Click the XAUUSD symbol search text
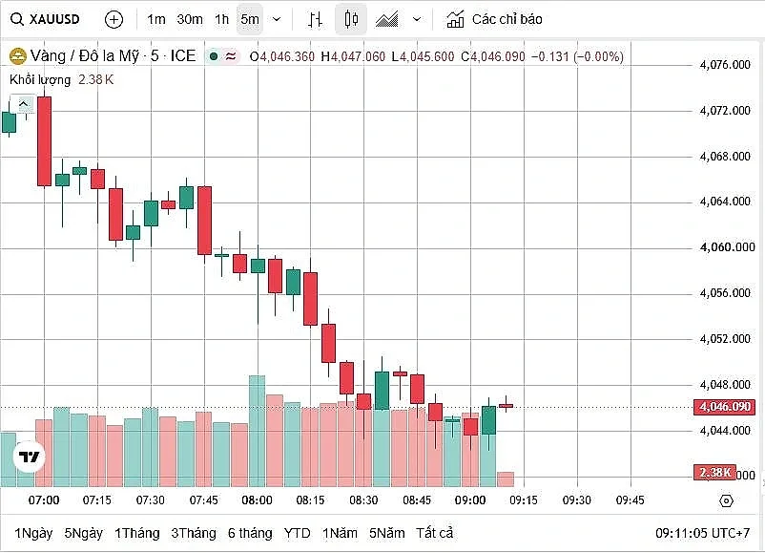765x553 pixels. tap(54, 19)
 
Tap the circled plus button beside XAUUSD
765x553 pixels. tap(114, 19)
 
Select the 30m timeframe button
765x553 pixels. tap(189, 19)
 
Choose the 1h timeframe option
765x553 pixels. tap(221, 19)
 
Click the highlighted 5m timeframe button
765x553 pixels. tap(250, 19)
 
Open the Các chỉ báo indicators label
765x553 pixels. tap(507, 19)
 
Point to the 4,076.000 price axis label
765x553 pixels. tap(725, 65)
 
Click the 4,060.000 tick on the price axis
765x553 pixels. tap(727, 247)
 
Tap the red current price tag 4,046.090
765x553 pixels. tap(725, 407)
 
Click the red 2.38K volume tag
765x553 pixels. tap(714, 473)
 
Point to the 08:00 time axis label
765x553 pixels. tap(258, 500)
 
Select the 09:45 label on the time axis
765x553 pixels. tap(630, 500)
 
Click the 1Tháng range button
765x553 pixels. tap(137, 533)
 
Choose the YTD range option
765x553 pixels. tap(297, 533)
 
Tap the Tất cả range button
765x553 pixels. tap(434, 533)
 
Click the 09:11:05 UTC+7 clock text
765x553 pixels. tap(703, 533)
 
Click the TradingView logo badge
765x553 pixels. tap(30, 457)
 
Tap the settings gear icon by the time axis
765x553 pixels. tap(727, 500)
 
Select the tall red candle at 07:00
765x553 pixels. tap(45, 141)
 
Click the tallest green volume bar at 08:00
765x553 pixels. tap(258, 431)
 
